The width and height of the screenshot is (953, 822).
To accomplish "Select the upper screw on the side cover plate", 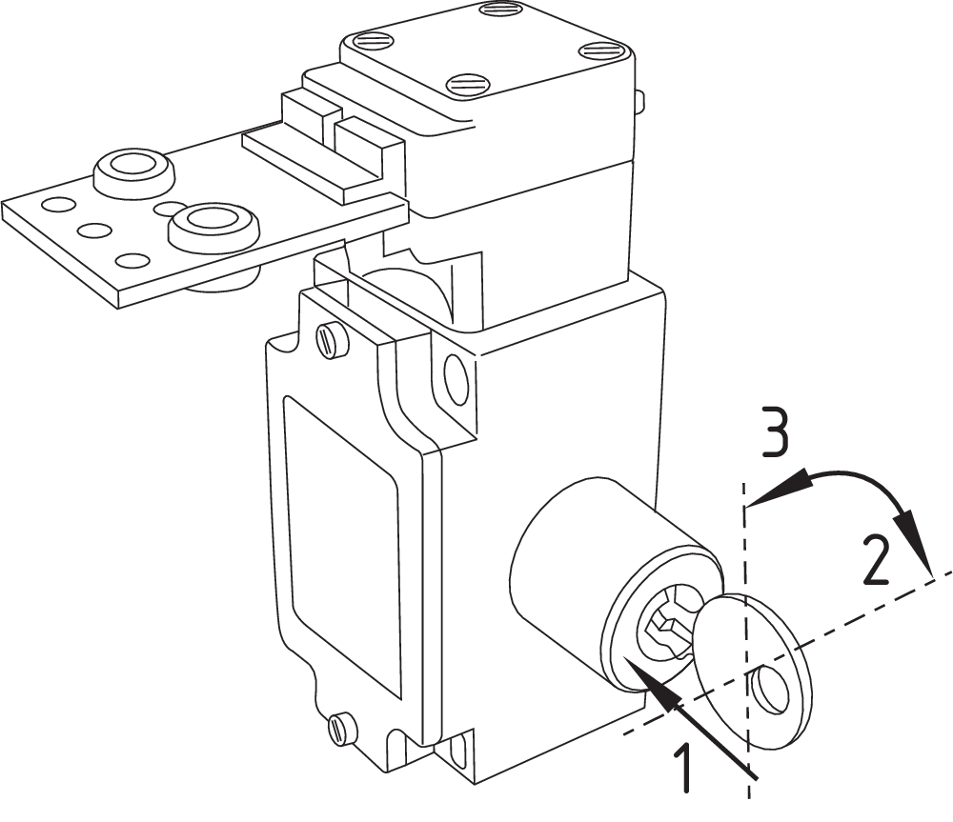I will [x=331, y=341].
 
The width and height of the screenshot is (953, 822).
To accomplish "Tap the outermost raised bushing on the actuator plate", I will [x=132, y=170].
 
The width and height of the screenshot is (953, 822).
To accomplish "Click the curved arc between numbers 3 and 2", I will [x=858, y=475].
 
